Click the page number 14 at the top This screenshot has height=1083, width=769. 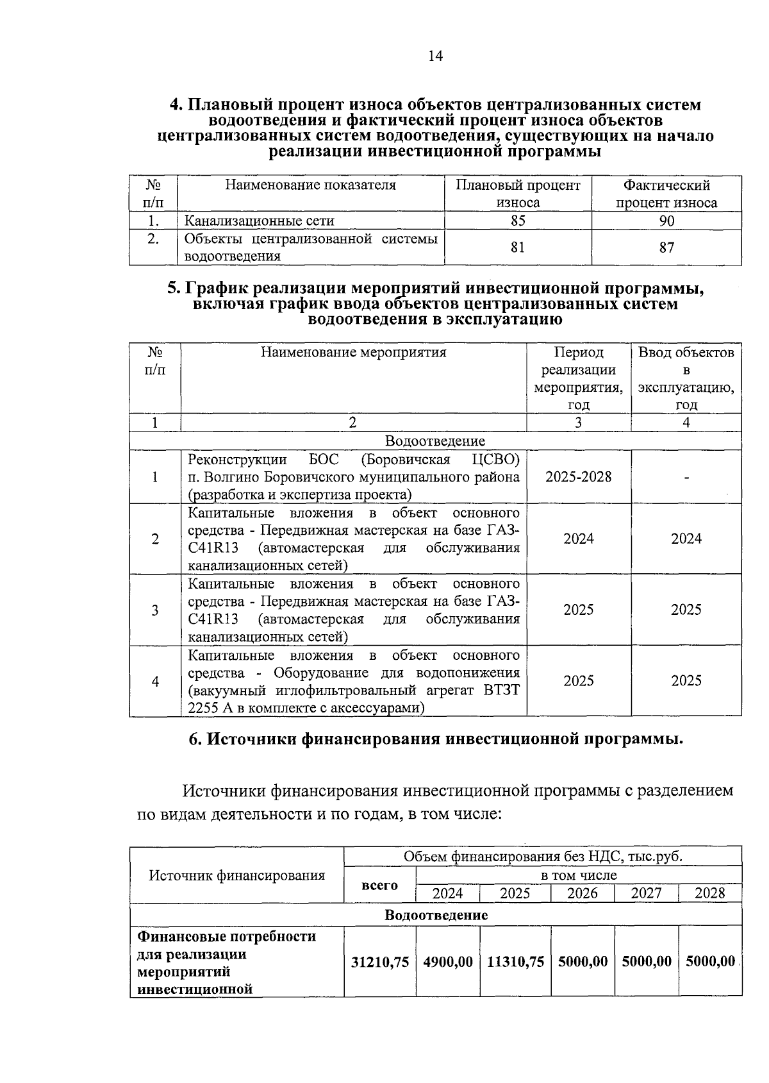click(435, 56)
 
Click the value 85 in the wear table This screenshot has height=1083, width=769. click(518, 221)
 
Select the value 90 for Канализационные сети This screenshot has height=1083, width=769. click(666, 221)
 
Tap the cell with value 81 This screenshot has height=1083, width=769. click(518, 248)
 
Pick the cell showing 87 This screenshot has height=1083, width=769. click(666, 248)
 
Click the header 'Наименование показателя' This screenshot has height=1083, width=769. click(310, 185)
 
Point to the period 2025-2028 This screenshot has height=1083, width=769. click(578, 477)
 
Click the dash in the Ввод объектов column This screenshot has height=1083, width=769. click(686, 477)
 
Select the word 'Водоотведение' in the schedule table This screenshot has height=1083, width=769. click(435, 441)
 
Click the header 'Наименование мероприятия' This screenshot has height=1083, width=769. click(353, 352)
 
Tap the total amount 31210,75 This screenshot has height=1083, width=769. click(380, 962)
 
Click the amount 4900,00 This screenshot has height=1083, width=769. click(448, 962)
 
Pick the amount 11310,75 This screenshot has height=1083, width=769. click(515, 962)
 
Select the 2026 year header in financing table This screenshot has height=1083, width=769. click(582, 893)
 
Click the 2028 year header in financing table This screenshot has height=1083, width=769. click(709, 893)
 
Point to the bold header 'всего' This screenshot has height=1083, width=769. click(379, 885)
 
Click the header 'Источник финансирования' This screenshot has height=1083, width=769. click(236, 875)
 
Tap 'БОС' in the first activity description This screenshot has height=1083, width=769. click(323, 460)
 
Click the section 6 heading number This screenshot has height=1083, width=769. click(195, 739)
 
